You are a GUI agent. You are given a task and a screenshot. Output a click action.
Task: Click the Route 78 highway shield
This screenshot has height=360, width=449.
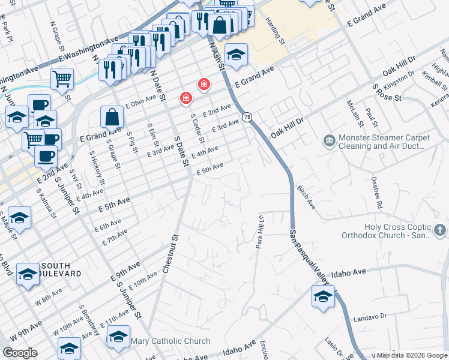pyautogui.click(x=247, y=116)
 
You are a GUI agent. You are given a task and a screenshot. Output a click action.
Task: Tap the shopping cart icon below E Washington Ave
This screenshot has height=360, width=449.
pyautogui.click(x=62, y=77)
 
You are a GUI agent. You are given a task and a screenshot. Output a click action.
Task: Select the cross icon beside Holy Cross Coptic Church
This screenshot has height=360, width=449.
pyautogui.click(x=440, y=230)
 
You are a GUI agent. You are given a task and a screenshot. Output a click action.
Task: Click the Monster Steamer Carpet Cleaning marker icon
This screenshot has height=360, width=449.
pyautogui.click(x=330, y=142)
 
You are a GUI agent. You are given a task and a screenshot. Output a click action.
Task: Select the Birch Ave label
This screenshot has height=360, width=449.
pyautogui.click(x=306, y=197)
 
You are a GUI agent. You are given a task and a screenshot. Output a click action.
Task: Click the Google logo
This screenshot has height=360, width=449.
pyautogui.click(x=20, y=353)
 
